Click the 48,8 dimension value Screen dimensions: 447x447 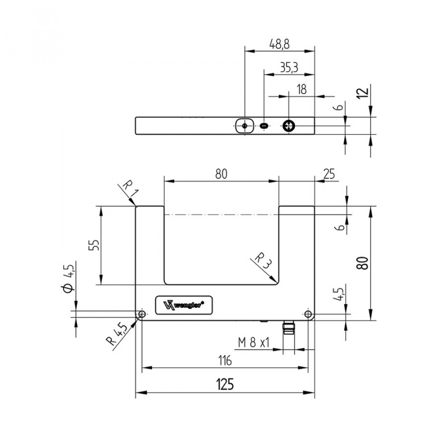coord(279,44)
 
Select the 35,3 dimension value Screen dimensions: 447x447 coord(289,68)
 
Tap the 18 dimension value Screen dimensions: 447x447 coord(302,89)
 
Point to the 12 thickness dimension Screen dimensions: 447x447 coord(363,93)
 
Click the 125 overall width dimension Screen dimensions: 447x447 coord(225,384)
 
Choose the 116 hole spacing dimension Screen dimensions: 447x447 coord(225,361)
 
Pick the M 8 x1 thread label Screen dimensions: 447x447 coord(254,342)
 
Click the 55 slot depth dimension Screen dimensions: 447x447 coord(94,245)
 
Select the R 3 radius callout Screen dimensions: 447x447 coord(263,261)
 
